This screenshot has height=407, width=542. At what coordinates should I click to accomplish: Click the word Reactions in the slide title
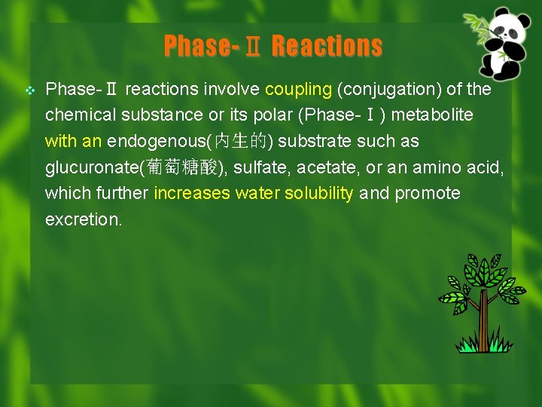click(327, 47)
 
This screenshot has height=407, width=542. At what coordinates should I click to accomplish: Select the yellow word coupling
click(298, 90)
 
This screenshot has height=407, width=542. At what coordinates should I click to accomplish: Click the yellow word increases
click(191, 194)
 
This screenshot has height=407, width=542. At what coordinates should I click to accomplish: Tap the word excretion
click(83, 219)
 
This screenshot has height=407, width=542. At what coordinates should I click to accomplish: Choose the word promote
click(428, 194)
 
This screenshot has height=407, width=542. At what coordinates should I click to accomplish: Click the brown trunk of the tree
click(483, 317)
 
